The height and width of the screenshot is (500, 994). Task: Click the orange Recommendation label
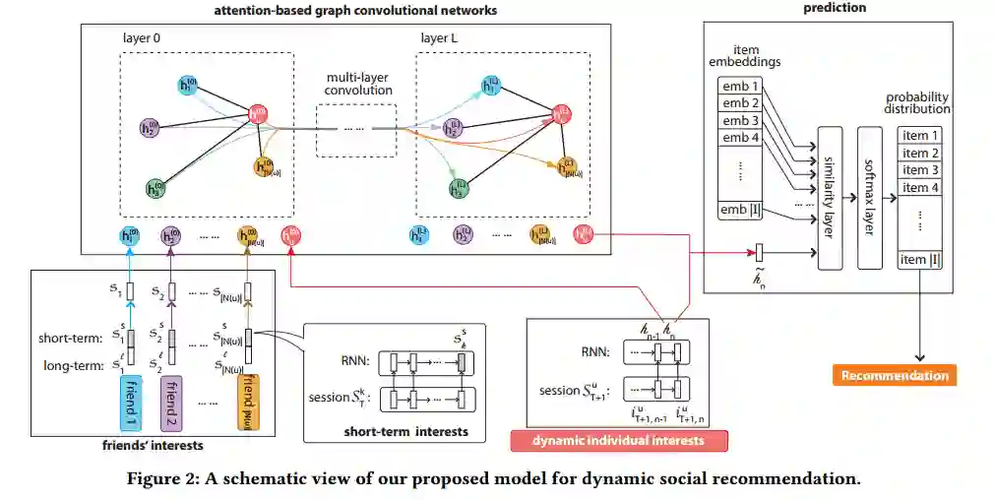896,375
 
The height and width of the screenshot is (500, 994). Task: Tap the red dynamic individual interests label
619,440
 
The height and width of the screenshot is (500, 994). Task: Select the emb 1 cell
741,86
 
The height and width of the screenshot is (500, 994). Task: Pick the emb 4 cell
741,138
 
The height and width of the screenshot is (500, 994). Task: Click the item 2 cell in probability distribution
921,153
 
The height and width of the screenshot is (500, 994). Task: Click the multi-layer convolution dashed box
355,129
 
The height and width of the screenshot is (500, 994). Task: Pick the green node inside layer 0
155,187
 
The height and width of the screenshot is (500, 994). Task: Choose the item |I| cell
921,259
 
